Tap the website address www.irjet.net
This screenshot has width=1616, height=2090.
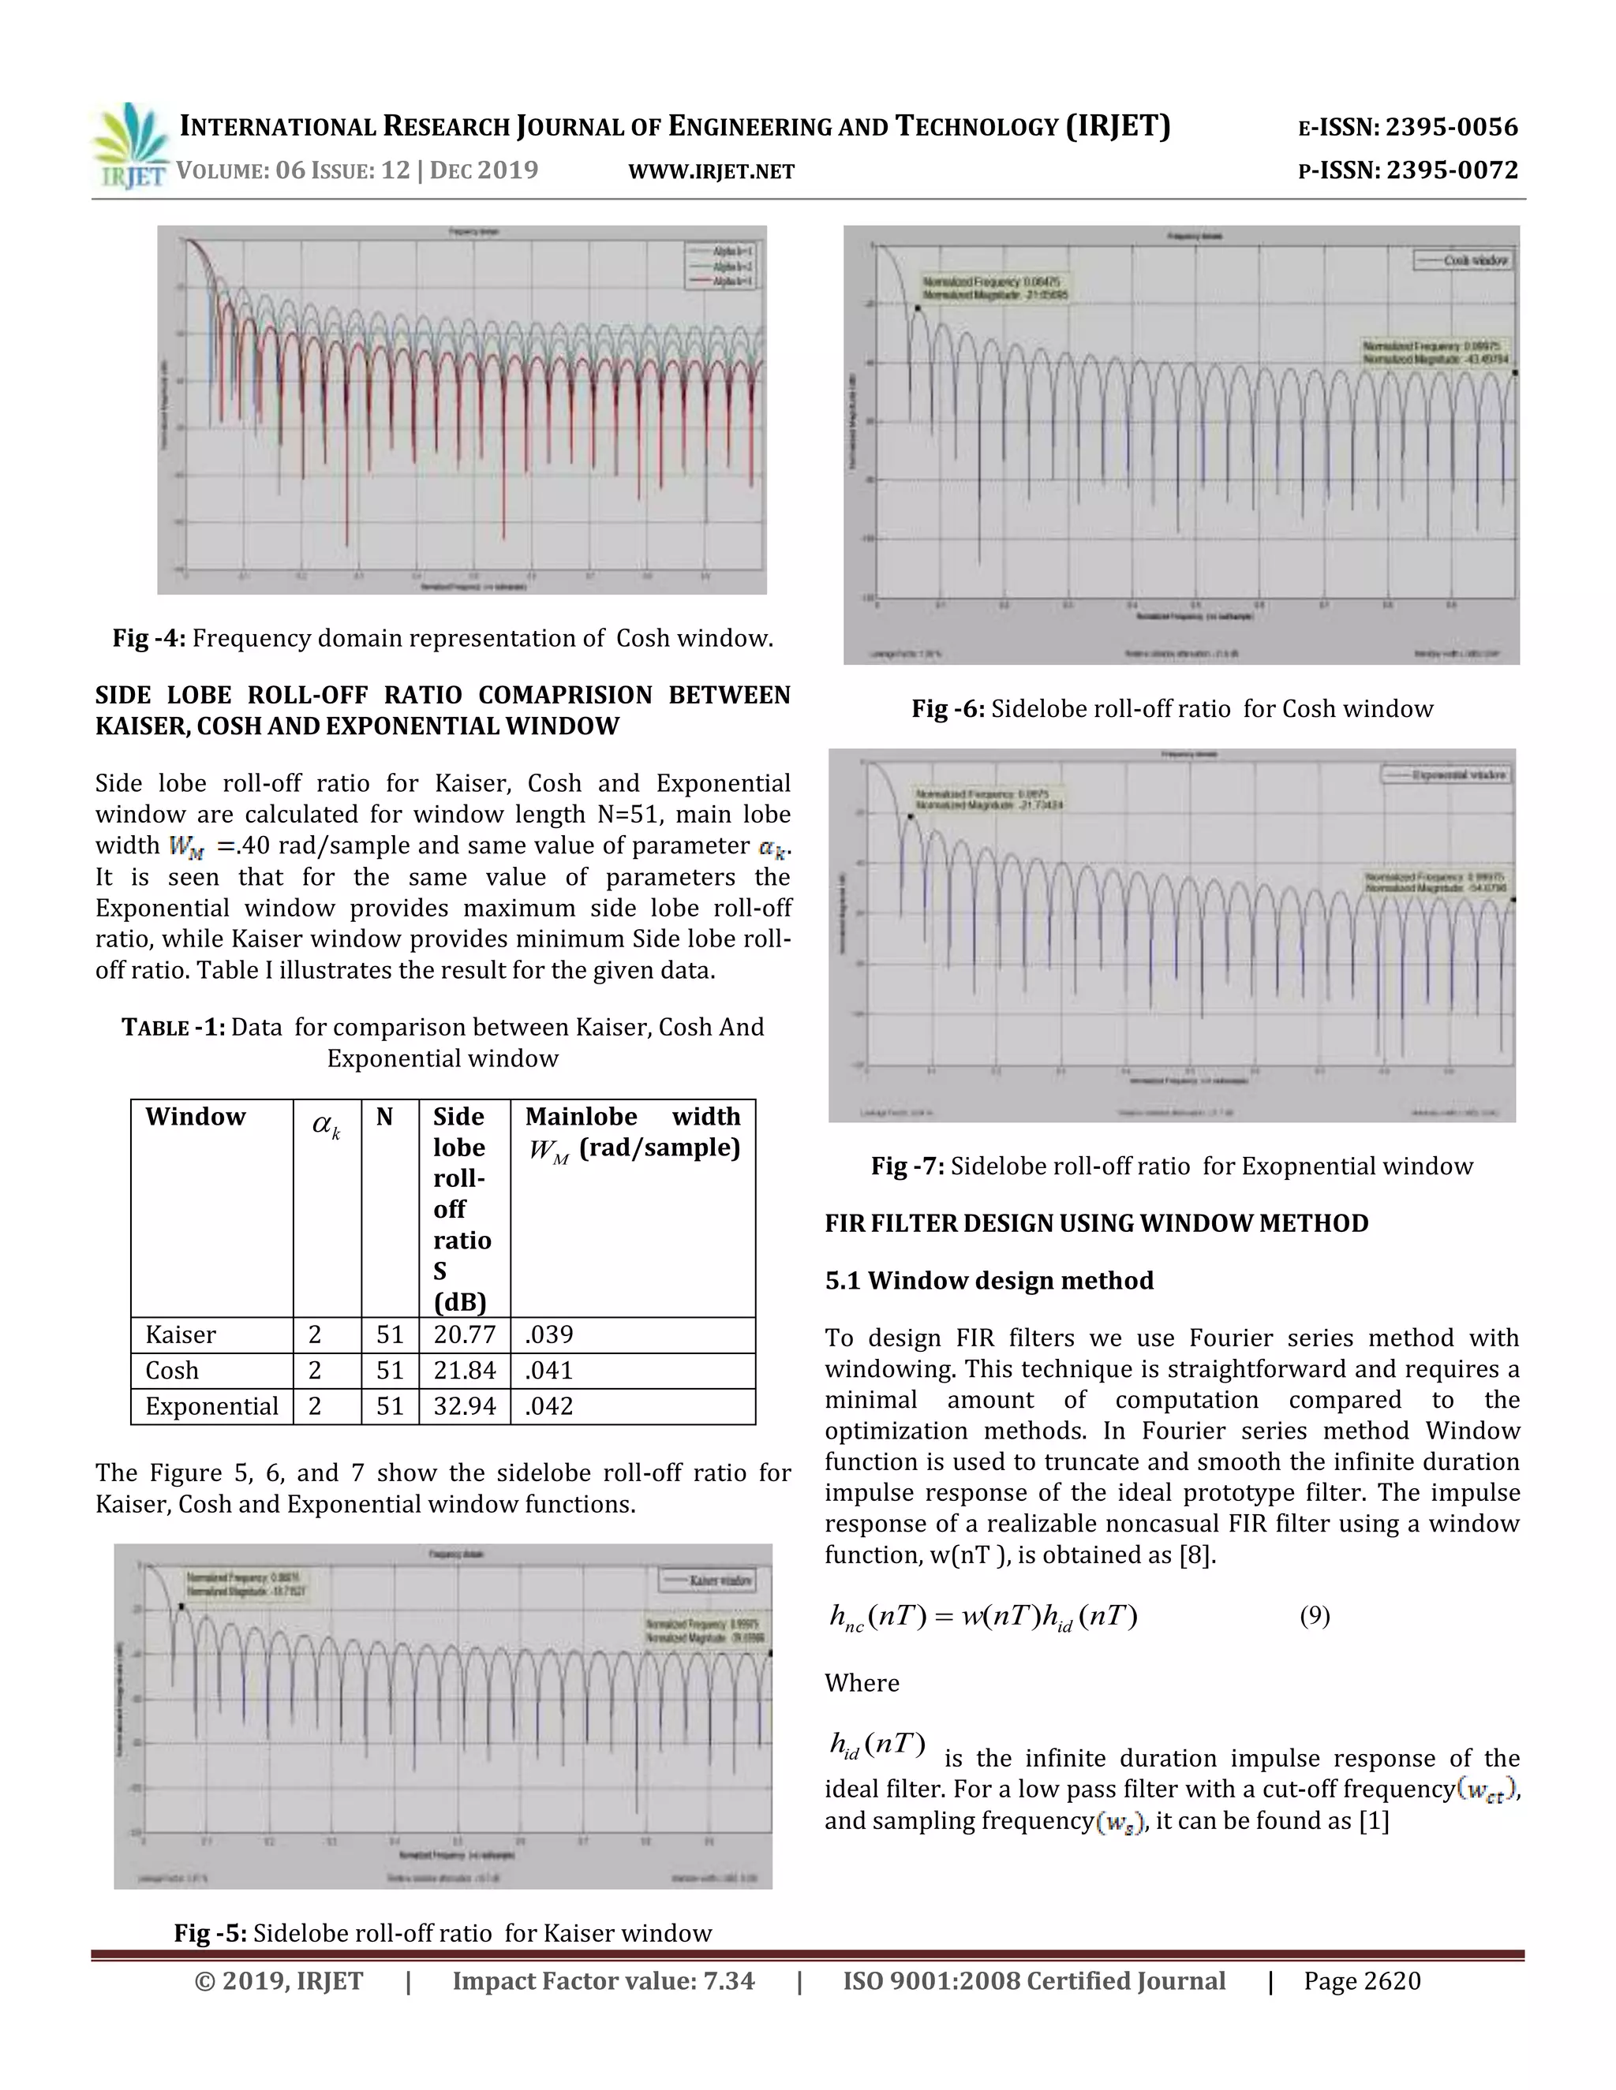click(x=711, y=171)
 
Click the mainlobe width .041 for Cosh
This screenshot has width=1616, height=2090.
click(x=549, y=1371)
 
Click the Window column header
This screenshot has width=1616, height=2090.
click(x=196, y=1117)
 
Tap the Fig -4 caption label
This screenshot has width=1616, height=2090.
click(x=148, y=638)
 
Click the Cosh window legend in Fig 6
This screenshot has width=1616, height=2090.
click(x=1464, y=260)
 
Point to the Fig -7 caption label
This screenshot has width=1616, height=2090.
click(x=907, y=1166)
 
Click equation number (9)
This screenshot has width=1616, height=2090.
click(x=1314, y=1616)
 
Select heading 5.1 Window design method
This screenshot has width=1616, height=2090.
click(x=989, y=1280)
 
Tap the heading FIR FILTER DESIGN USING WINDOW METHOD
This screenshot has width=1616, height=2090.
click(x=1096, y=1223)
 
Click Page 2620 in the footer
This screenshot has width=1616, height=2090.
click(x=1361, y=1981)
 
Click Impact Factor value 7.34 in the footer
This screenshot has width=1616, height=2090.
click(x=603, y=1981)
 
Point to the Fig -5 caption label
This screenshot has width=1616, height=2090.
click(x=210, y=1933)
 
